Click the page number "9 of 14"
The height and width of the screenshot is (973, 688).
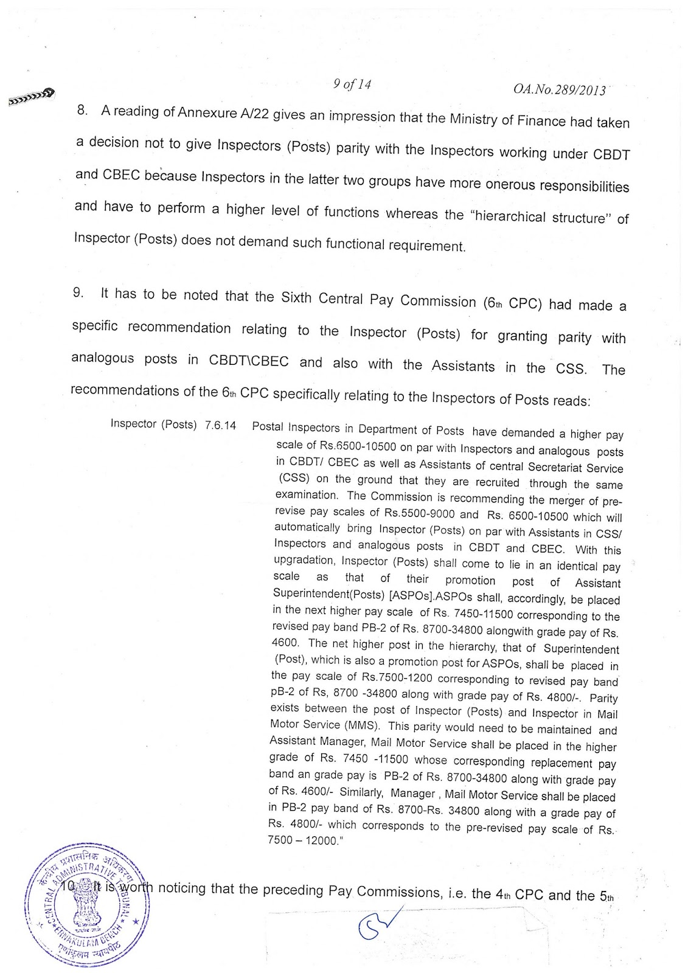pos(352,85)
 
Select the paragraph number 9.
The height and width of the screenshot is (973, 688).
pos(78,293)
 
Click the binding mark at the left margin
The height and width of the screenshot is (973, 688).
pos(31,96)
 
